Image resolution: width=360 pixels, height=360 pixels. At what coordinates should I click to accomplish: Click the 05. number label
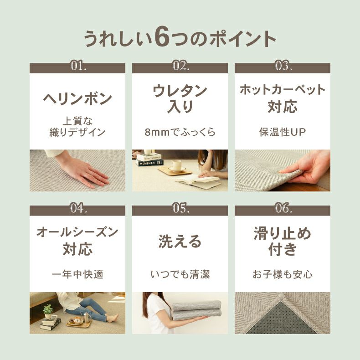point(181,208)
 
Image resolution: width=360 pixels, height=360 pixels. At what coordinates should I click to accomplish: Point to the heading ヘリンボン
point(77,98)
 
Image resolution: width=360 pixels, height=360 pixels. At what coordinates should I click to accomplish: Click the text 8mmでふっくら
point(180,132)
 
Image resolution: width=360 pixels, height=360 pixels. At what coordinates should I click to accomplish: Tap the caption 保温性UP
point(283,132)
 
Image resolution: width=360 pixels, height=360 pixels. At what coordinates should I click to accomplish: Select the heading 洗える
point(180,242)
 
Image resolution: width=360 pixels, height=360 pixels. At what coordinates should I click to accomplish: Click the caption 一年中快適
point(77,274)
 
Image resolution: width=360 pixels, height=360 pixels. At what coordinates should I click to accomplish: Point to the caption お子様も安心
point(283,274)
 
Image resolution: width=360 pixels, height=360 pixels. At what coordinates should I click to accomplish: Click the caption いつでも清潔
point(180,274)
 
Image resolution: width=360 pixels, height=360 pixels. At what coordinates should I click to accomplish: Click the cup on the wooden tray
point(177,165)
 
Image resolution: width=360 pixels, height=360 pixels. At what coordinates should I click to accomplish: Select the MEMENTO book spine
point(149,163)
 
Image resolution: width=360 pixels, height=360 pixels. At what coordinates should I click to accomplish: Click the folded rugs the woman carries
point(196,310)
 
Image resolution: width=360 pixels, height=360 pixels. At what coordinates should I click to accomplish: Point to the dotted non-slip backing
point(282,319)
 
